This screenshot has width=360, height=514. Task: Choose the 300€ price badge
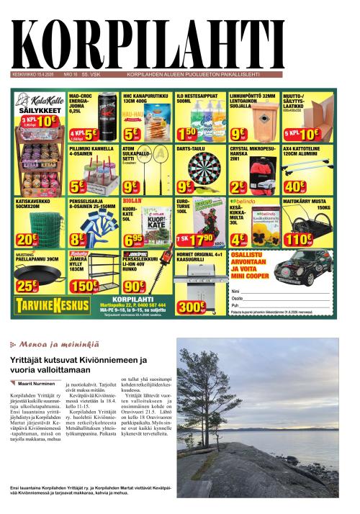[x=190, y=306]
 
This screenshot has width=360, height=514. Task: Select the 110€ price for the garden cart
[x=296, y=238]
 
